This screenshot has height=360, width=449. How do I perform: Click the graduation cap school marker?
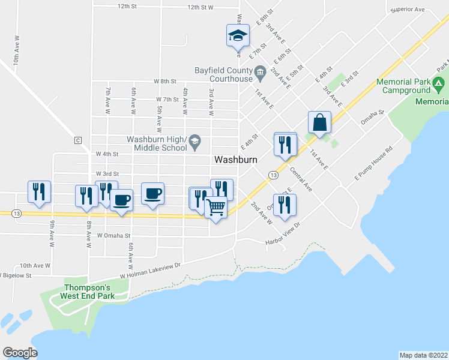pos(238,35)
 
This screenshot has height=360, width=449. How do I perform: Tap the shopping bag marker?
pos(320,123)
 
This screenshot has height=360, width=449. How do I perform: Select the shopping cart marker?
pos(216,208)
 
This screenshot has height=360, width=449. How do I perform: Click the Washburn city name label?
pos(236,160)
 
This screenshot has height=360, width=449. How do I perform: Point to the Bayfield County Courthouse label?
pos(223,74)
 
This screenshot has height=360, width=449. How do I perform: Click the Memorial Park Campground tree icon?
pos(439,86)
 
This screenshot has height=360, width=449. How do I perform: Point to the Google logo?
pos(20,353)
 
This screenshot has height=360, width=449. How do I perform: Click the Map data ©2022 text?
pos(423,355)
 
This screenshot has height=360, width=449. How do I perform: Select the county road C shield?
pos(77,140)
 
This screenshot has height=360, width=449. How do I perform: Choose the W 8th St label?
pos(165,80)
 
